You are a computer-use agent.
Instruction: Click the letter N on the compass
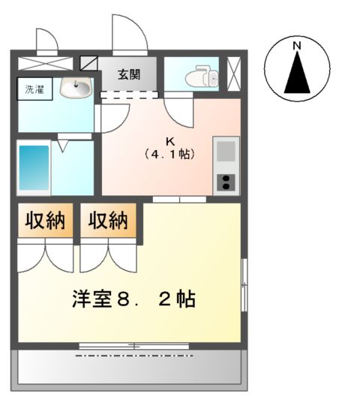click(x=297, y=47)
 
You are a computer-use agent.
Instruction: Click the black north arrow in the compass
click(x=297, y=76)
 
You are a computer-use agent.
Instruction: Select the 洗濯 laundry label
click(x=34, y=91)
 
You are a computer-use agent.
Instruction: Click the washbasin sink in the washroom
click(x=75, y=89)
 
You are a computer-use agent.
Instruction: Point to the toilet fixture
click(x=202, y=76)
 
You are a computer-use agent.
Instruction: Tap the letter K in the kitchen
click(x=169, y=140)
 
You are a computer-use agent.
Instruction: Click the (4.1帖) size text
click(x=169, y=155)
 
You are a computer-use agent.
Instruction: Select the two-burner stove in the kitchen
click(x=226, y=180)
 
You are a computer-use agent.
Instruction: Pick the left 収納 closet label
click(x=46, y=221)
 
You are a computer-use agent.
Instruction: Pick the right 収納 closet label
click(x=109, y=221)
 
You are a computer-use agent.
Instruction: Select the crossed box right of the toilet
click(x=234, y=73)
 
